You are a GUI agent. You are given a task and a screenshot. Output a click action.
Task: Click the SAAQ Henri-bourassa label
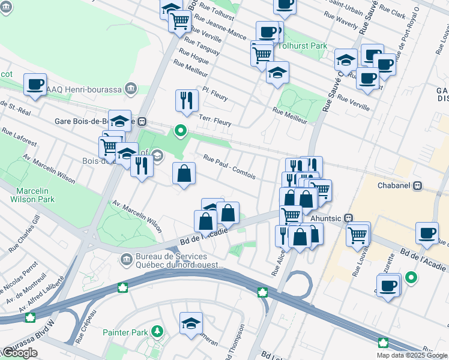90,89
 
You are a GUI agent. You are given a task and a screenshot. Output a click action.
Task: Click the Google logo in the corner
19,353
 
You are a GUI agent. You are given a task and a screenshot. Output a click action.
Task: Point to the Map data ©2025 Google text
412,355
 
